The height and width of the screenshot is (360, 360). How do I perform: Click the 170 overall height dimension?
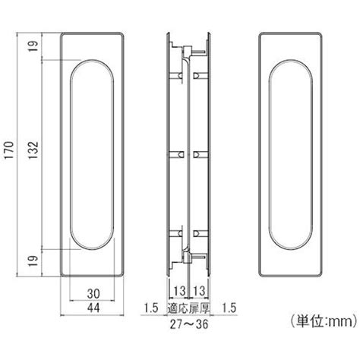click(x=9, y=150)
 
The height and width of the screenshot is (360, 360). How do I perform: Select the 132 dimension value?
click(x=33, y=150)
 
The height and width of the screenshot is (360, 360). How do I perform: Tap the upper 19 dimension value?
click(x=33, y=46)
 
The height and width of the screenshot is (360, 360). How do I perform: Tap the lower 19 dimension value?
click(x=33, y=261)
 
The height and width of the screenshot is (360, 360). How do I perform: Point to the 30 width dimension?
click(x=93, y=294)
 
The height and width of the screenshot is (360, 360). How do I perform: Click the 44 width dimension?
click(x=93, y=308)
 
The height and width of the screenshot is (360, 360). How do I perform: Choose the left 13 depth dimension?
click(x=179, y=291)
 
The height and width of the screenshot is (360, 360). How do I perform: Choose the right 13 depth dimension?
click(x=199, y=291)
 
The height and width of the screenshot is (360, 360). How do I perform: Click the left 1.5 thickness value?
click(x=151, y=308)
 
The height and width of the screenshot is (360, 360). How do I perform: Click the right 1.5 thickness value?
click(x=229, y=308)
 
